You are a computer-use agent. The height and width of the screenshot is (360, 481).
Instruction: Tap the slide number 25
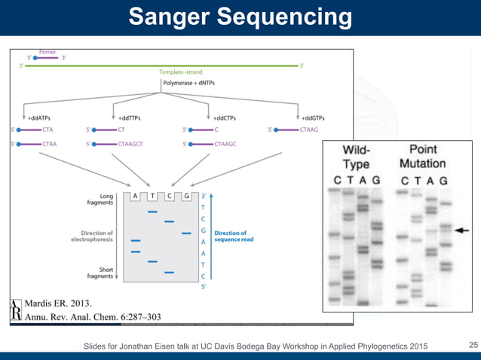tap(473, 345)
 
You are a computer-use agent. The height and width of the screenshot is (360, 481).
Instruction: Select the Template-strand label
tap(180, 72)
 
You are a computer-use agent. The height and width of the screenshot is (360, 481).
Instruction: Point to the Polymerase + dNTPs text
tap(188, 83)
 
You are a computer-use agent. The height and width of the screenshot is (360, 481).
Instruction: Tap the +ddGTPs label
tap(313, 117)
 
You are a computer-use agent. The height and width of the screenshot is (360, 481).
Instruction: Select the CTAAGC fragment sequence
tap(225, 143)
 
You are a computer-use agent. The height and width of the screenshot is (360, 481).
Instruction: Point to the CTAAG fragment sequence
tap(309, 130)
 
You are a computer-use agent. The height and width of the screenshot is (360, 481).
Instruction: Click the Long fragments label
tap(100, 199)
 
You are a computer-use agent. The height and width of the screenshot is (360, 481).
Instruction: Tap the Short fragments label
tap(100, 273)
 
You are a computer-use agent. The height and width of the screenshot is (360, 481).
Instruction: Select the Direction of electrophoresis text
tap(92, 236)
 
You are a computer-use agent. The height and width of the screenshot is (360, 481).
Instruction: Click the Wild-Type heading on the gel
tap(357, 157)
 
